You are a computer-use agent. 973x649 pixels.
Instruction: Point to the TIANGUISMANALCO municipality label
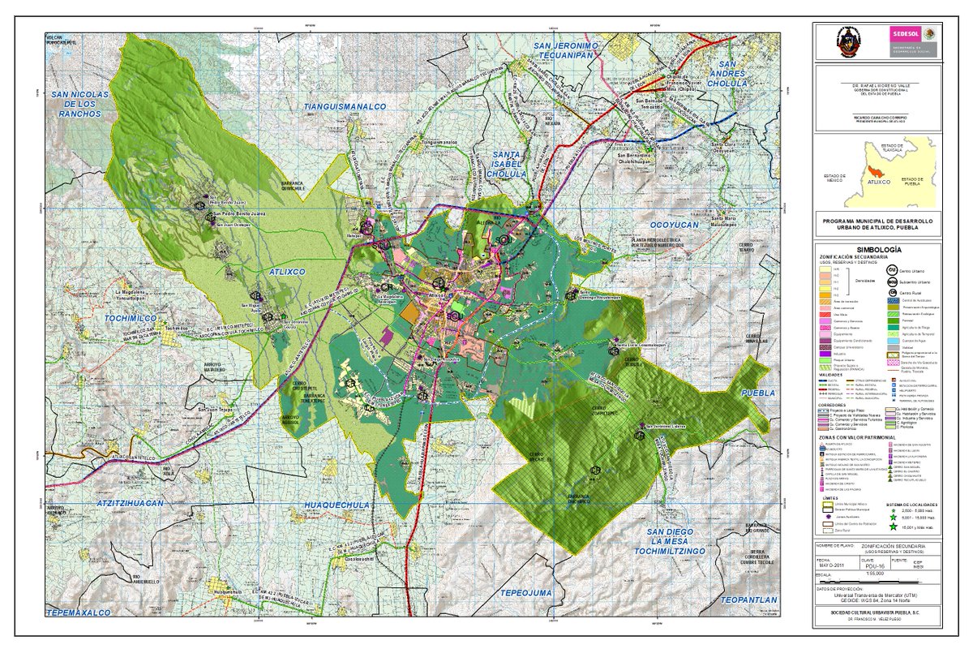pyautogui.click(x=345, y=106)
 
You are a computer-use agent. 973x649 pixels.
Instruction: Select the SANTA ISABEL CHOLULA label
pyautogui.click(x=510, y=163)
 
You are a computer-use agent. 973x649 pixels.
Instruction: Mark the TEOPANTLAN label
pyautogui.click(x=748, y=600)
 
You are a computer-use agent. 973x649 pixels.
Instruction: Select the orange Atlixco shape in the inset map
pyautogui.click(x=876, y=172)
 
